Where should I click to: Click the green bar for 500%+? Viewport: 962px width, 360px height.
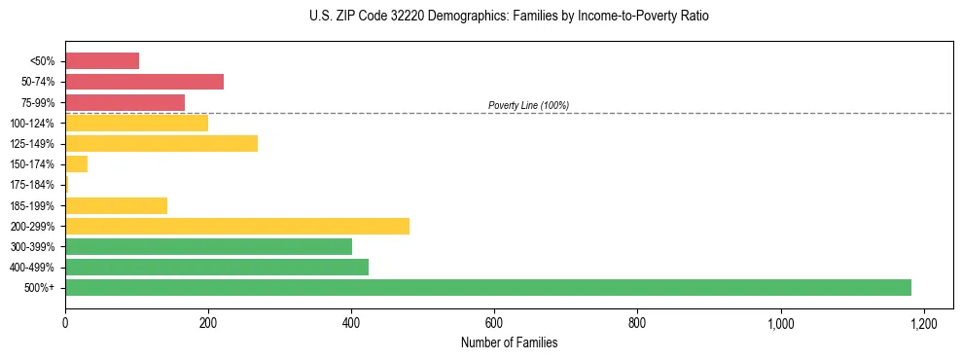pyautogui.click(x=488, y=287)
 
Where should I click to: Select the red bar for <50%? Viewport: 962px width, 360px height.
pyautogui.click(x=102, y=60)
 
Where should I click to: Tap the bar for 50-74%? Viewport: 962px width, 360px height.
pyautogui.click(x=144, y=81)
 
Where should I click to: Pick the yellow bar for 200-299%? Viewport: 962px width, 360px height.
pyautogui.click(x=237, y=226)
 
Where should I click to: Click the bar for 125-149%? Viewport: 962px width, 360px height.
pyautogui.click(x=161, y=143)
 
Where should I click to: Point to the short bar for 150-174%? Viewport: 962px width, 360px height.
pyautogui.click(x=77, y=163)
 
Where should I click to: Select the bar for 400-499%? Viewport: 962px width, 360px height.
pyautogui.click(x=217, y=267)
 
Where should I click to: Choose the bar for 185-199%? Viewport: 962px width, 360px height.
pyautogui.click(x=116, y=205)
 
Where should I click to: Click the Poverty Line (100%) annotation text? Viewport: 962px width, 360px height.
pyautogui.click(x=528, y=105)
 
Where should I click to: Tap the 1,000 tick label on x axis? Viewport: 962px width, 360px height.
pyautogui.click(x=781, y=323)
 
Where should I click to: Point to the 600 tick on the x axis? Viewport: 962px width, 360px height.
pyautogui.click(x=494, y=323)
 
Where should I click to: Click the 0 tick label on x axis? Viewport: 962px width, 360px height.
pyautogui.click(x=65, y=323)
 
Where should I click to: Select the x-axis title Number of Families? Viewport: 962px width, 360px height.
pyautogui.click(x=509, y=342)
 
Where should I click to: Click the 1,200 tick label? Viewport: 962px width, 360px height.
pyautogui.click(x=924, y=323)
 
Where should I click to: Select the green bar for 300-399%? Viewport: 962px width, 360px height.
pyautogui.click(x=208, y=246)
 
